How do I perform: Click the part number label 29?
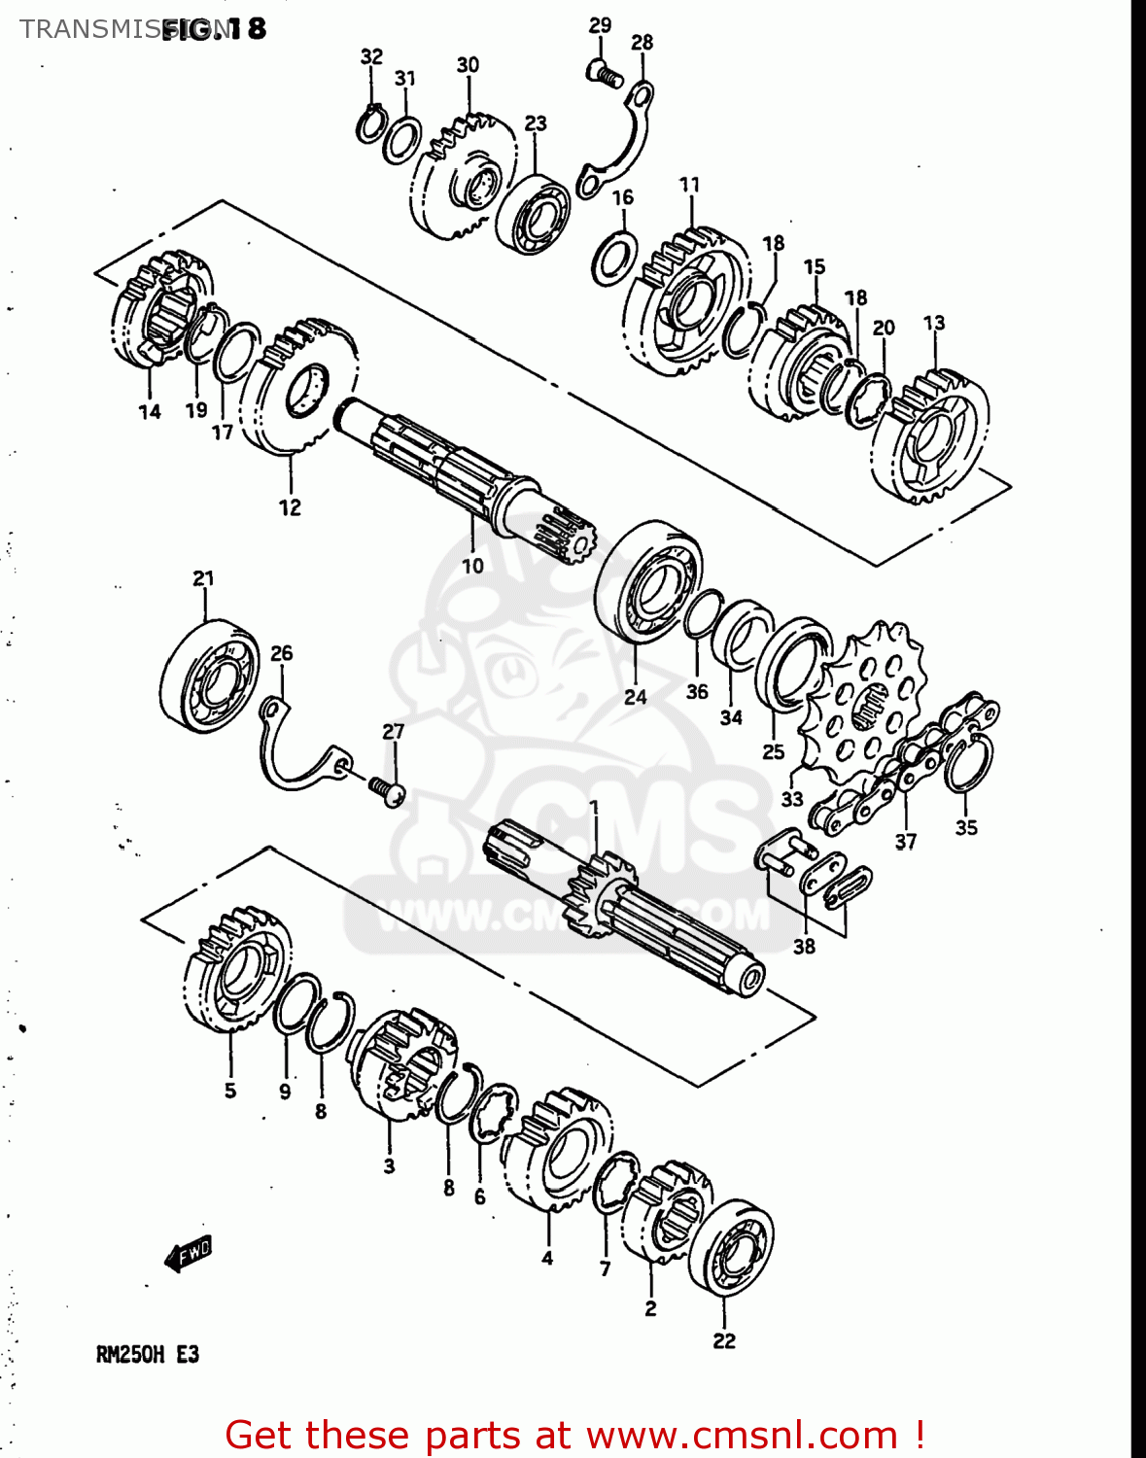(600, 25)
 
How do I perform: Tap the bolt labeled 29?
(604, 72)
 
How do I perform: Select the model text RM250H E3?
(147, 1354)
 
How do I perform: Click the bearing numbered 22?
(731, 1248)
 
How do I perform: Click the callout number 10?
(472, 566)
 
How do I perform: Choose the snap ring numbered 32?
(369, 125)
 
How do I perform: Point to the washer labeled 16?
(614, 259)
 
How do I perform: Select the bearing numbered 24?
(647, 581)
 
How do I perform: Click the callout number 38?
(804, 946)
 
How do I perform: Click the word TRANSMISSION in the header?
(87, 29)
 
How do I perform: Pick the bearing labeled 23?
(533, 214)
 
